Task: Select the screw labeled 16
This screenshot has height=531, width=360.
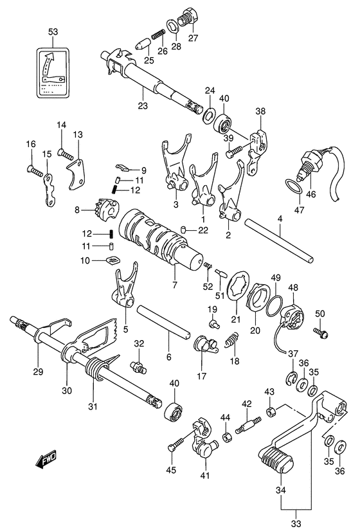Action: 35,170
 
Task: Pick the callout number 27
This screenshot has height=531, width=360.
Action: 193,37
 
